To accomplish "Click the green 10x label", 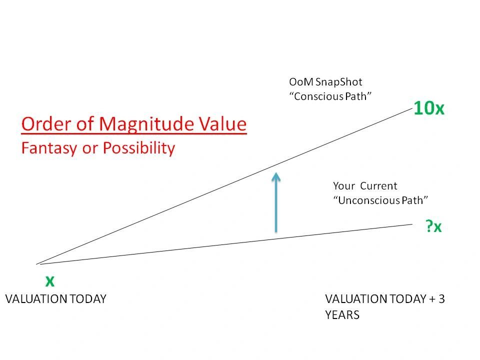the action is (428, 108).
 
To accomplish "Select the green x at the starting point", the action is (50, 280).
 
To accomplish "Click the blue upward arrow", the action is (276, 202).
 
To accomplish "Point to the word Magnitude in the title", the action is (146, 124).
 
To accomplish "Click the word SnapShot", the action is (338, 82).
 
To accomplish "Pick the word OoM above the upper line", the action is (301, 82).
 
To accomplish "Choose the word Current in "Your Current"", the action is (378, 186).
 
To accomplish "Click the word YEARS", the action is (342, 315).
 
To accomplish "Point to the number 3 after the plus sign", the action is (441, 299).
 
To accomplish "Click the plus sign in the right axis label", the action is (432, 299).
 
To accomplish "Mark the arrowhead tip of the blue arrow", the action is (276, 172).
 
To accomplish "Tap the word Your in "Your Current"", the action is (344, 186).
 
